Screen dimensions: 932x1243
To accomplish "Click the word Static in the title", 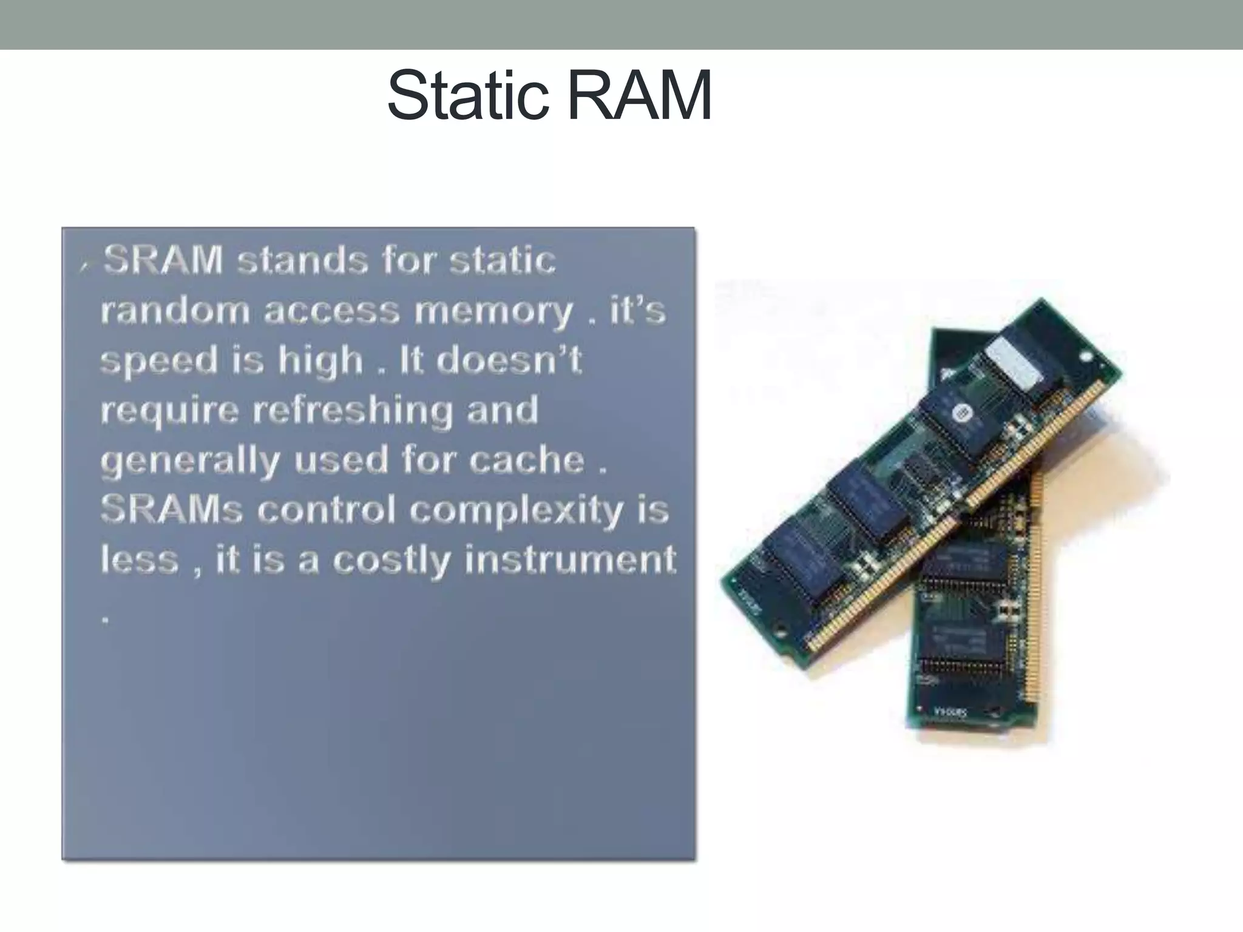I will click(467, 96).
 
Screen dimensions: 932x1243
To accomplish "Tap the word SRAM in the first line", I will click(163, 260).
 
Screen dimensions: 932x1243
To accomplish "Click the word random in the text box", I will click(175, 311).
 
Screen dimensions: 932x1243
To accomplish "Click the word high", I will click(320, 360).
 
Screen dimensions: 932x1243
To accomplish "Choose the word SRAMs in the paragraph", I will click(172, 509).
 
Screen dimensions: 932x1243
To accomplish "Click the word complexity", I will click(516, 510).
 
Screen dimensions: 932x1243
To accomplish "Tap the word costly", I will click(392, 559).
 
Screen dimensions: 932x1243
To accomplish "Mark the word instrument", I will click(570, 559).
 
